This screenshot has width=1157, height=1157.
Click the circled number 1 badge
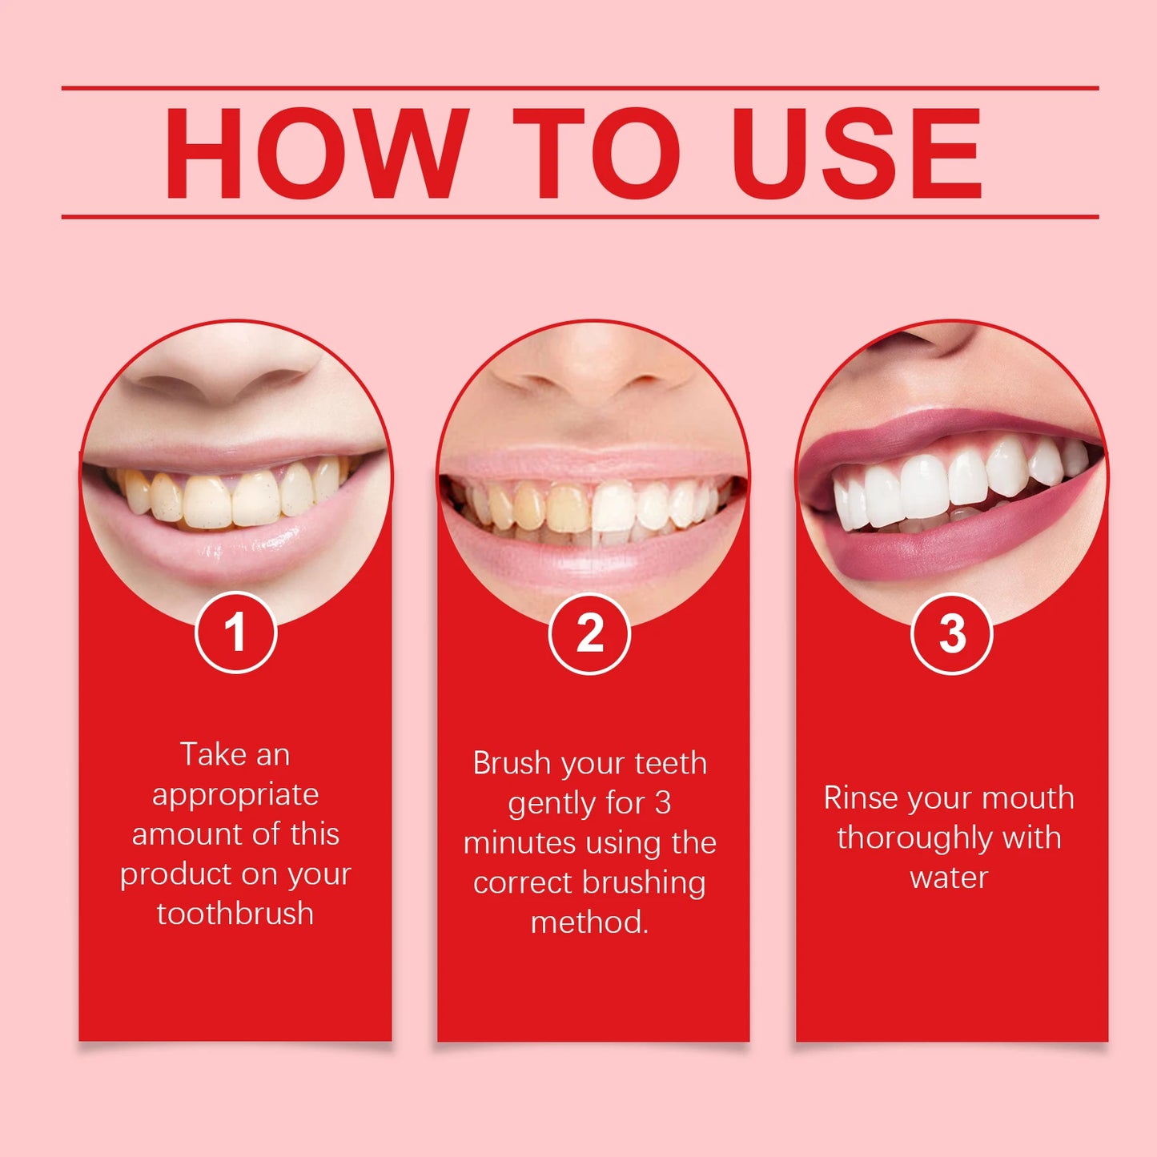coord(235,633)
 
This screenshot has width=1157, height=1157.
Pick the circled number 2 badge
coord(590,634)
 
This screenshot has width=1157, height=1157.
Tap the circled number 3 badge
coord(952,634)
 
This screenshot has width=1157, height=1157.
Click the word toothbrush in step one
coord(235,914)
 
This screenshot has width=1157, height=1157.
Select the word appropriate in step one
coord(235,795)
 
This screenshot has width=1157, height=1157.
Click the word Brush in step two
coord(512,763)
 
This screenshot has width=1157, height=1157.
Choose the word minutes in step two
coord(519,843)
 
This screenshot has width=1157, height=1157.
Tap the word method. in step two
coord(590,922)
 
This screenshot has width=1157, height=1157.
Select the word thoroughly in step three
coord(914,838)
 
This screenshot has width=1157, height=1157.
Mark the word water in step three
coord(949,878)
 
